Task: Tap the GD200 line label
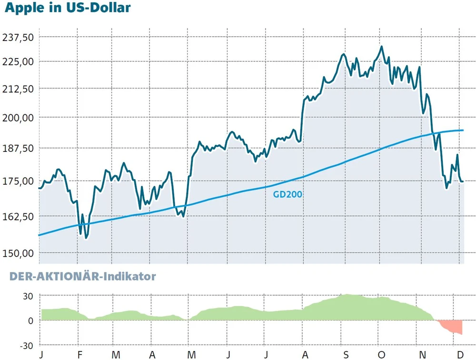(288, 194)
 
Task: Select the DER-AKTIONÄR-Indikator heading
(83, 276)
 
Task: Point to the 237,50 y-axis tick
(18, 37)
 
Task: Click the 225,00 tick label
(18, 61)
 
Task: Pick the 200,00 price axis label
(18, 118)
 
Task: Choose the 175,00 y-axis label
(18, 181)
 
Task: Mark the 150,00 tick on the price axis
(18, 253)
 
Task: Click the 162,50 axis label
(18, 217)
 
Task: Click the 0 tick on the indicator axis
(30, 320)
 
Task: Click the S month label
(346, 355)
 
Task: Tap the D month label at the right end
(460, 355)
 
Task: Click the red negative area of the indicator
(452, 327)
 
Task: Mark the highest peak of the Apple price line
(381, 47)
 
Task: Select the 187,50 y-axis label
(18, 148)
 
